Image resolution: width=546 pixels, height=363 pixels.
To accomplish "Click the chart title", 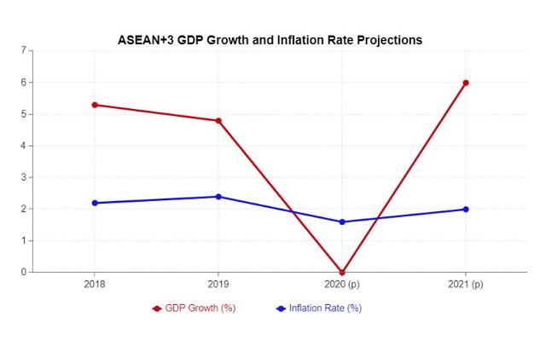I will pos(270,40).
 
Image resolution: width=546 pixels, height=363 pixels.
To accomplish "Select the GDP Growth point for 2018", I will pos(95,105).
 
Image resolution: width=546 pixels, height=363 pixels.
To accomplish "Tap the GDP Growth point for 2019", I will pos(218,121).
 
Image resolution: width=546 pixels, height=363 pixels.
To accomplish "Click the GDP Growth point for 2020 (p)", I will pos(342,272).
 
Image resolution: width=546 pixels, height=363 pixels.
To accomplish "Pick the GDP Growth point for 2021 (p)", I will pos(466,83).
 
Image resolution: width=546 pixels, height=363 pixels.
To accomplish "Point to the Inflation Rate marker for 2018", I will pos(95,203).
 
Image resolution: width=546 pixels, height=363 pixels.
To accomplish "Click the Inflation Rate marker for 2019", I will pos(218,197).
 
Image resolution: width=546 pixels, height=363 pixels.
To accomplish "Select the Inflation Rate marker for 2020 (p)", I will pos(342,222).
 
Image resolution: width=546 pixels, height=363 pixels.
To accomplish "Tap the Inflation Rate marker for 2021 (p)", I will pos(466,209).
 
